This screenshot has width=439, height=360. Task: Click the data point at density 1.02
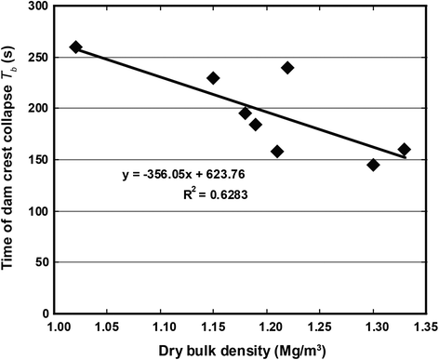point(75,47)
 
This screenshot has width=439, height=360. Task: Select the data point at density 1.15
point(213,78)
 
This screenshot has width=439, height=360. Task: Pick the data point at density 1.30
point(373,165)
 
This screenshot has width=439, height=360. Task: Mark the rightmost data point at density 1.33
point(405,150)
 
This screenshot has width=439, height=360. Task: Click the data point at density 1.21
point(277,152)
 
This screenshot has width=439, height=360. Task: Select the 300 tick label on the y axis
point(38,7)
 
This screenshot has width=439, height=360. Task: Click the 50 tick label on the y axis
point(42,262)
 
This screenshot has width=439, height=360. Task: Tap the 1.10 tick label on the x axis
point(161,327)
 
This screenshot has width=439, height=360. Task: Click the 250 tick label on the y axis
point(38,58)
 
